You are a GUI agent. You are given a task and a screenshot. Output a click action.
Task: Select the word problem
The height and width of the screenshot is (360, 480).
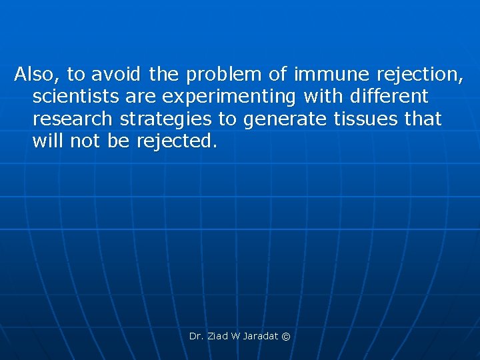[x=222, y=73]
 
